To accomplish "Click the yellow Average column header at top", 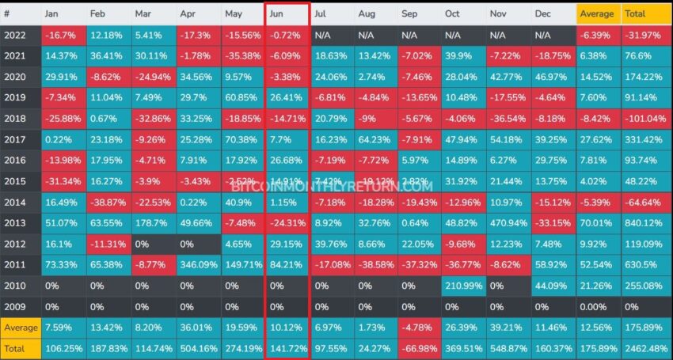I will [599, 14].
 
